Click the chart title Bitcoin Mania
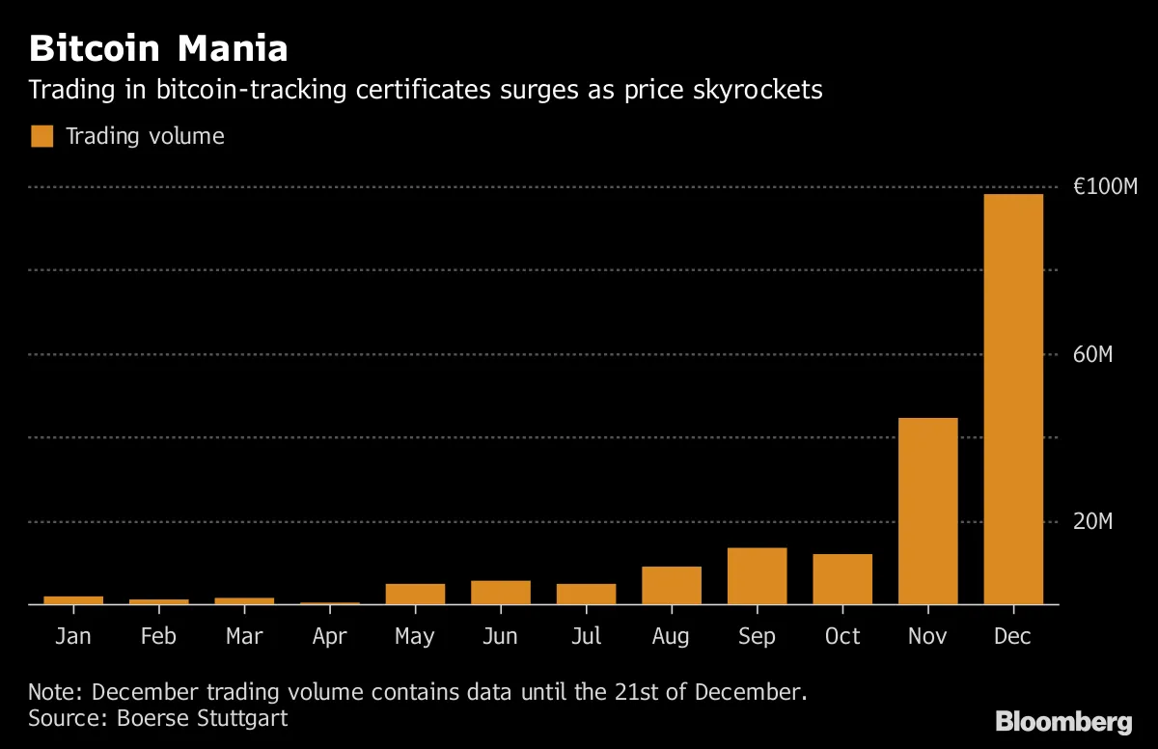[x=158, y=47]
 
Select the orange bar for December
[x=1013, y=400]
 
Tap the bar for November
[x=927, y=512]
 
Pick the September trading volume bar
[x=757, y=576]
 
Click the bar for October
[x=842, y=579]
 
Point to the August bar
[x=672, y=585]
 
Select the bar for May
[x=415, y=594]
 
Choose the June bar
[x=501, y=592]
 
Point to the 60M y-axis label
[x=1092, y=355]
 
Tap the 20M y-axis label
[x=1092, y=522]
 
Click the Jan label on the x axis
[x=73, y=636]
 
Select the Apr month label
[x=330, y=637]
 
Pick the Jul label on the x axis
[x=586, y=636]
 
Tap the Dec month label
[x=1013, y=636]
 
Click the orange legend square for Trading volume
[x=42, y=136]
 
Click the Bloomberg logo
[x=1063, y=721]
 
